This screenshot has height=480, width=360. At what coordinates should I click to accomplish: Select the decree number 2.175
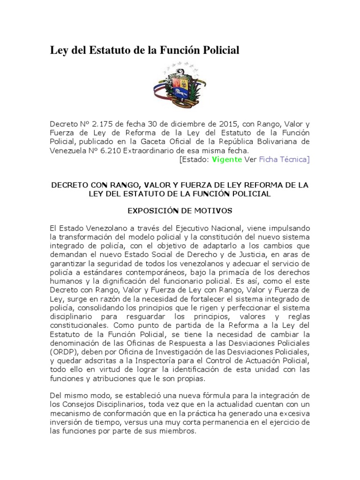click(x=101, y=124)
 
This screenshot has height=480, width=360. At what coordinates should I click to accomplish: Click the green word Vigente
click(x=227, y=159)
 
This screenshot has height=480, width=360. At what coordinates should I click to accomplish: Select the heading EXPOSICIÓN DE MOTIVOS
click(x=180, y=211)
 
